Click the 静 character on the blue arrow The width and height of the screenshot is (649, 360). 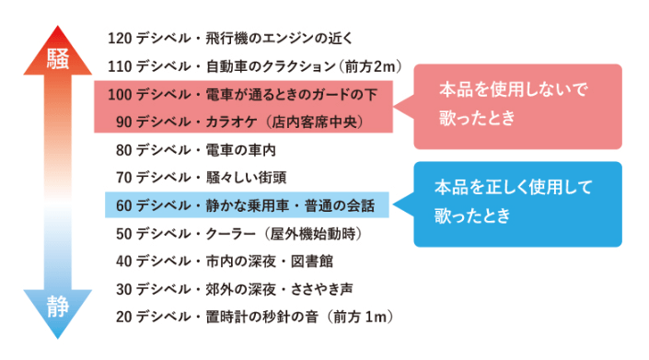click(x=58, y=308)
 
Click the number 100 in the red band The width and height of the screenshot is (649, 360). click(x=120, y=94)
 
